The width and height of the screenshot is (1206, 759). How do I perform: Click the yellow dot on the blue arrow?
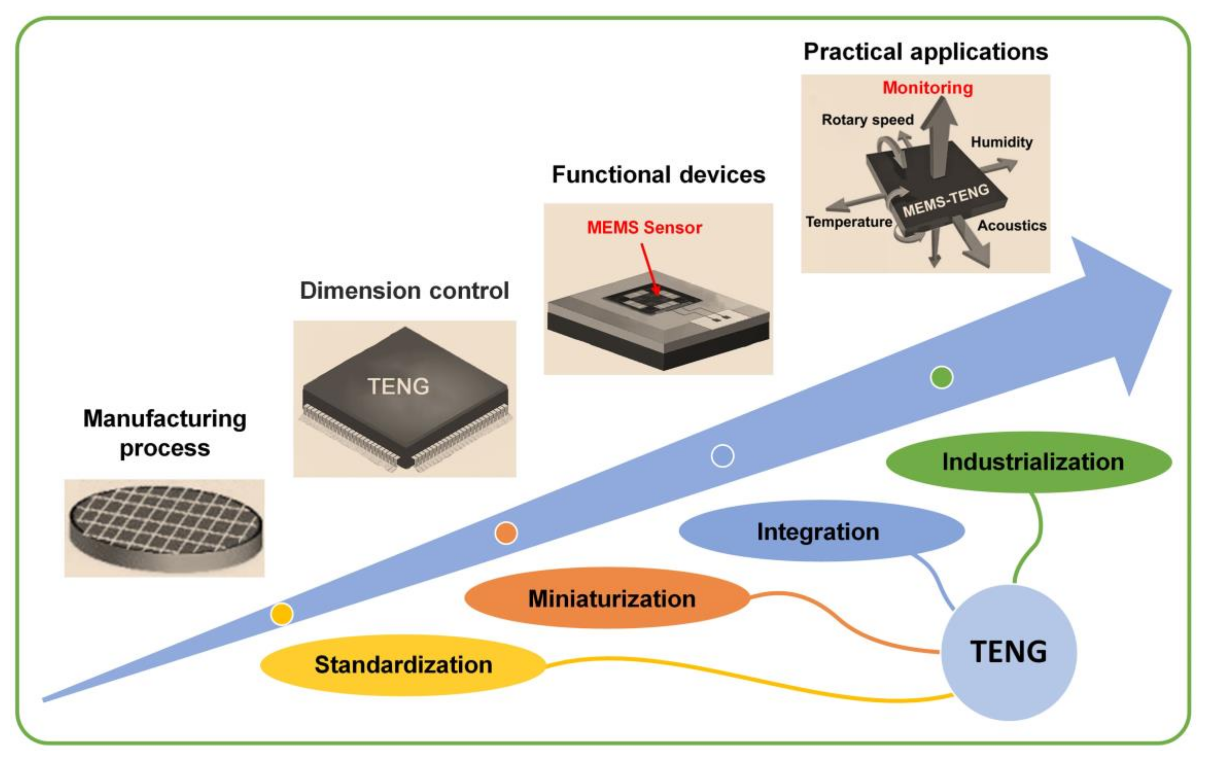[x=282, y=614]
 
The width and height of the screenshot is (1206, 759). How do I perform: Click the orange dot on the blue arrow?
[x=506, y=533]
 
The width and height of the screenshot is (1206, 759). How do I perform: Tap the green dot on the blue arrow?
[x=942, y=377]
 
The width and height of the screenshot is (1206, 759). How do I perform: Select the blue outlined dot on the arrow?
[x=722, y=456]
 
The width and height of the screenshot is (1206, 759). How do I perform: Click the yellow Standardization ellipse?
[x=403, y=665]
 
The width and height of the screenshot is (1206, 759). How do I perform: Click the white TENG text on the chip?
[x=398, y=386]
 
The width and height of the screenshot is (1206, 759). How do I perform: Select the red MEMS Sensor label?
[x=644, y=228]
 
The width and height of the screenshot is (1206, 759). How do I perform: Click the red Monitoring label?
[x=927, y=88]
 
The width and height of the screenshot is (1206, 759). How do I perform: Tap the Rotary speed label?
[x=867, y=120]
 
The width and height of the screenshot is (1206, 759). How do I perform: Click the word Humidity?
[x=1002, y=142]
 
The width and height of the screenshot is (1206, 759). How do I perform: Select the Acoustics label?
[x=1012, y=226]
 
